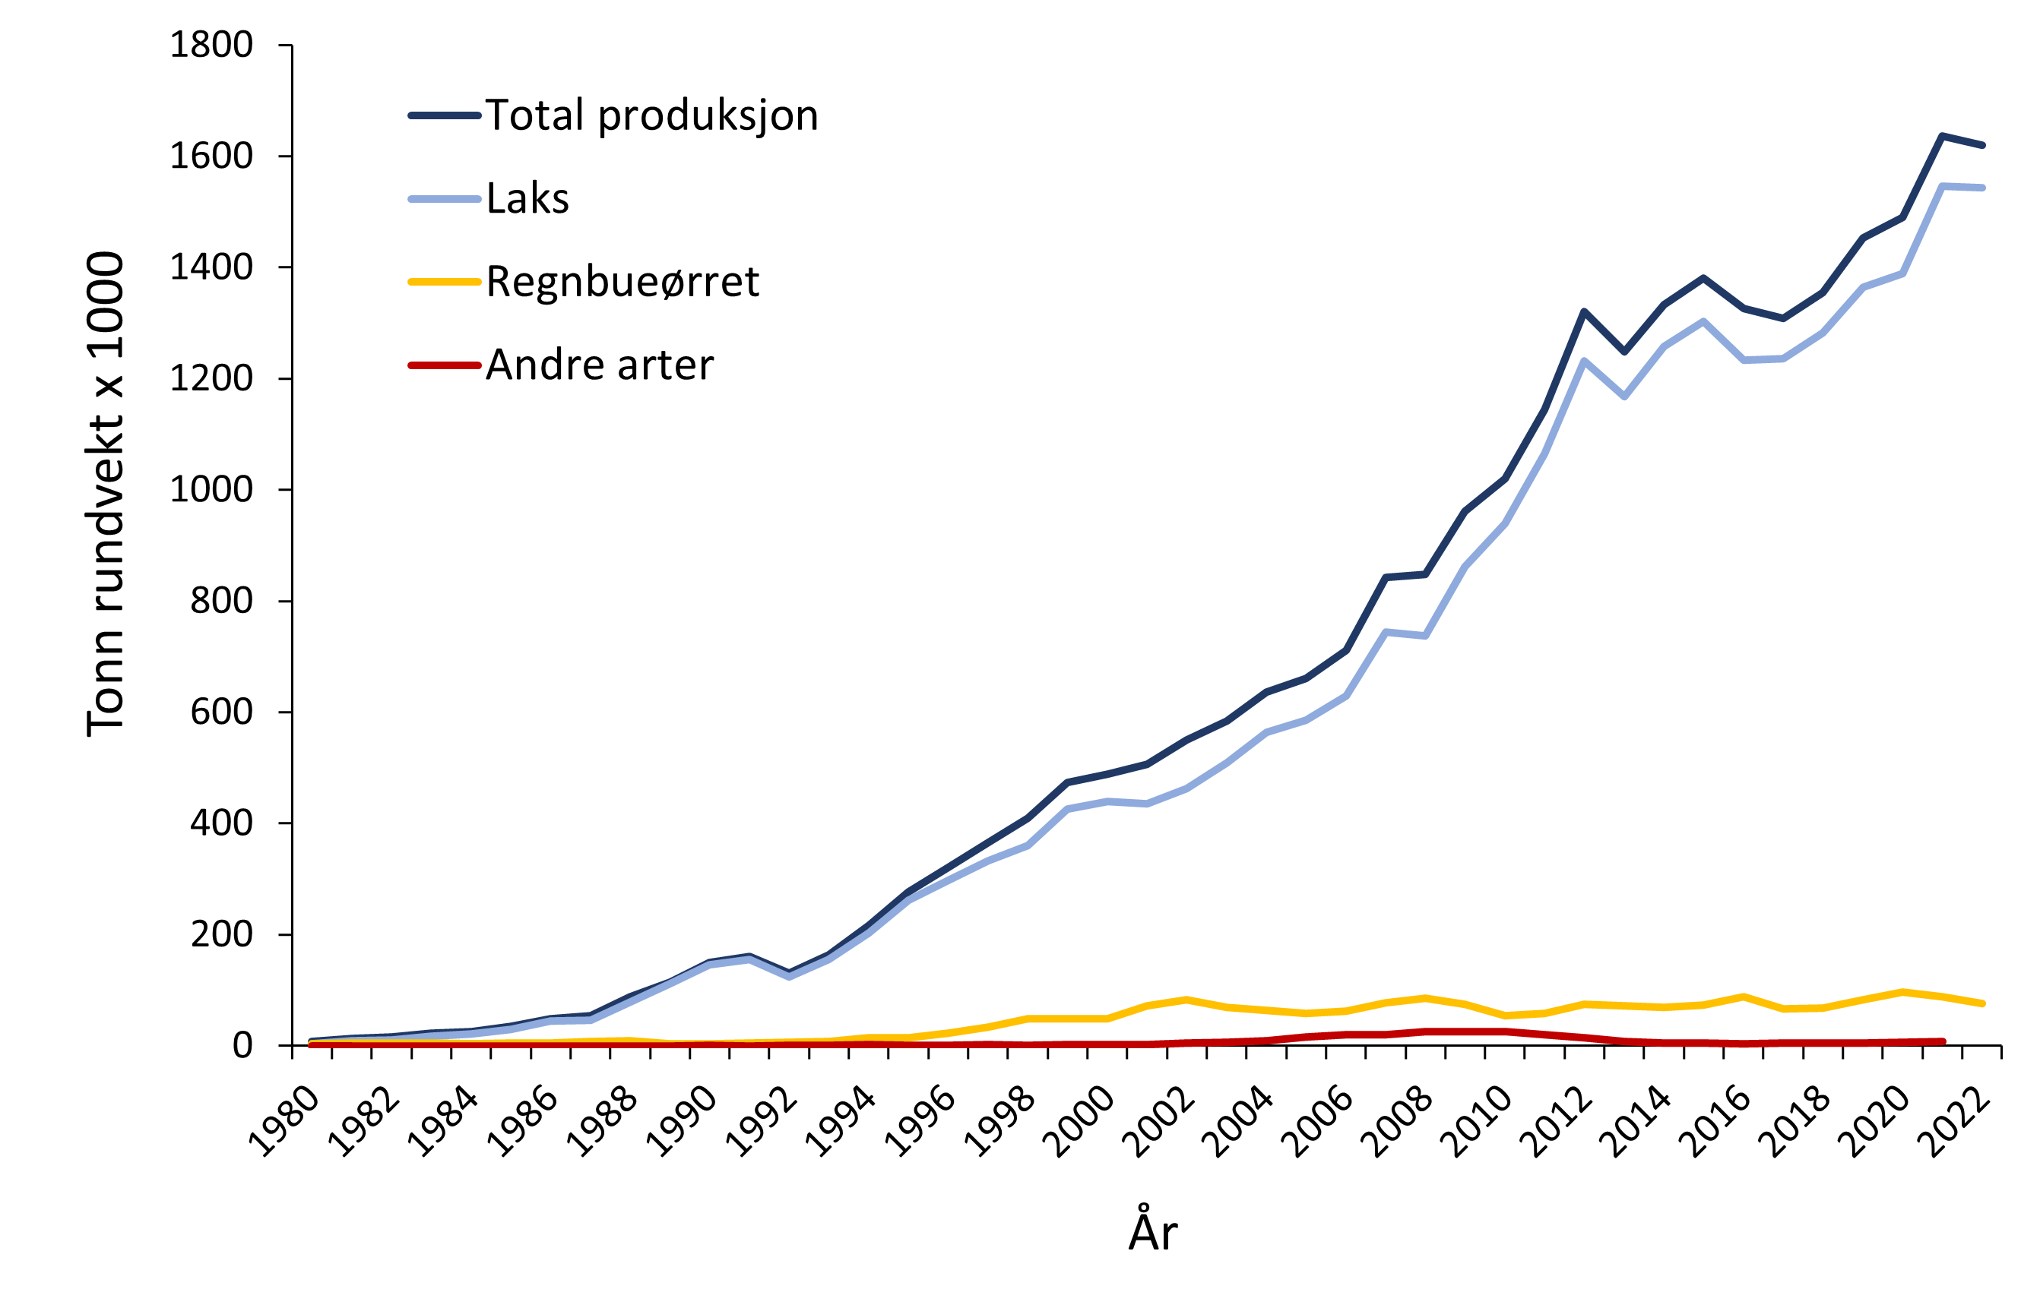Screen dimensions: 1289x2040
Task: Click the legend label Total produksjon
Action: (651, 115)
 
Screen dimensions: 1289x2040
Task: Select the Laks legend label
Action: (527, 199)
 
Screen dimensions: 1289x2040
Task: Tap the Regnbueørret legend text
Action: (622, 282)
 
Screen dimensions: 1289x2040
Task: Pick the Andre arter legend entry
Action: (600, 365)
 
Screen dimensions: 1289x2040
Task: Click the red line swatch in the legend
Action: (445, 365)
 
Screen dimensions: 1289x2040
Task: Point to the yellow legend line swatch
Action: (445, 281)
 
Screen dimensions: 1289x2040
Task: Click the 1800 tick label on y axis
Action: (211, 45)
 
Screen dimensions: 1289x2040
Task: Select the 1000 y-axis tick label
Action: (211, 489)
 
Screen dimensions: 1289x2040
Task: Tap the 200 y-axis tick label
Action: (221, 934)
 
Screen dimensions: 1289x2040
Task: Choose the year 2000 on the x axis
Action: (1079, 1121)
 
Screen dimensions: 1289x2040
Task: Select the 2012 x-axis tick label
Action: (1555, 1121)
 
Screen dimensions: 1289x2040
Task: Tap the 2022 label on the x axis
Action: (1953, 1121)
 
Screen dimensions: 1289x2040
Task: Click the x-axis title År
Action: (1152, 1231)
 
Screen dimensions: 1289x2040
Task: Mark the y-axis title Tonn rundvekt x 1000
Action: (105, 494)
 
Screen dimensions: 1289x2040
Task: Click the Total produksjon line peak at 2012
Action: (1583, 311)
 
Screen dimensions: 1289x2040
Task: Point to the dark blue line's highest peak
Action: (1942, 135)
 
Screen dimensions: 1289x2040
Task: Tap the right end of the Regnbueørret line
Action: (1982, 1003)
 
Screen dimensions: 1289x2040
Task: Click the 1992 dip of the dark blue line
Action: (789, 971)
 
